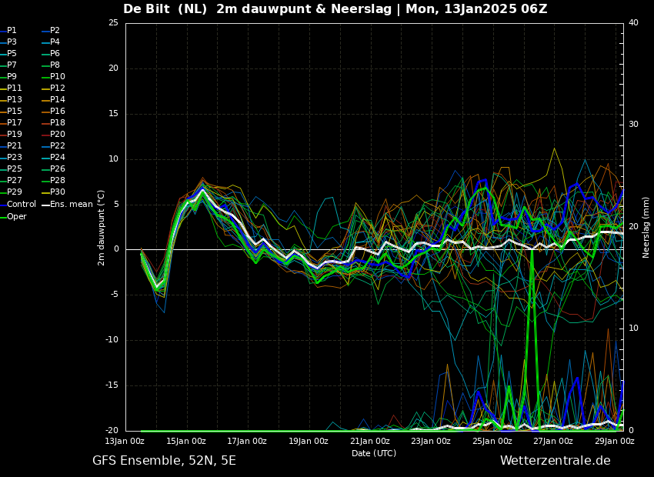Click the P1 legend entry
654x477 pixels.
click(8, 31)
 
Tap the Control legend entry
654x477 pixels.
click(18, 204)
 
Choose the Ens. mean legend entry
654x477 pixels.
click(68, 204)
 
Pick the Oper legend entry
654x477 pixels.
click(13, 216)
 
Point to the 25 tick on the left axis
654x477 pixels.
click(113, 22)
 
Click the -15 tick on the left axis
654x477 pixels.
click(112, 385)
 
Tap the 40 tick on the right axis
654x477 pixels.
click(633, 22)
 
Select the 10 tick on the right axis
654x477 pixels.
click(633, 329)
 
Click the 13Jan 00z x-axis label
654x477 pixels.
click(125, 441)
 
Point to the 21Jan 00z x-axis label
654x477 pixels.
click(369, 441)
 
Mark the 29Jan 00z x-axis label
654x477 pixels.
click(615, 441)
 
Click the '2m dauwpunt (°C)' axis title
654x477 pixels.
click(101, 228)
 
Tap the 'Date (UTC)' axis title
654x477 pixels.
click(374, 453)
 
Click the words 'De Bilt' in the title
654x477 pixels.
click(145, 8)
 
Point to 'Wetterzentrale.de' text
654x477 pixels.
click(556, 461)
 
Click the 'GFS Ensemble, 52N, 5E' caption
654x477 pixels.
click(164, 461)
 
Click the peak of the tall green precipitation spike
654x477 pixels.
click(532, 249)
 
